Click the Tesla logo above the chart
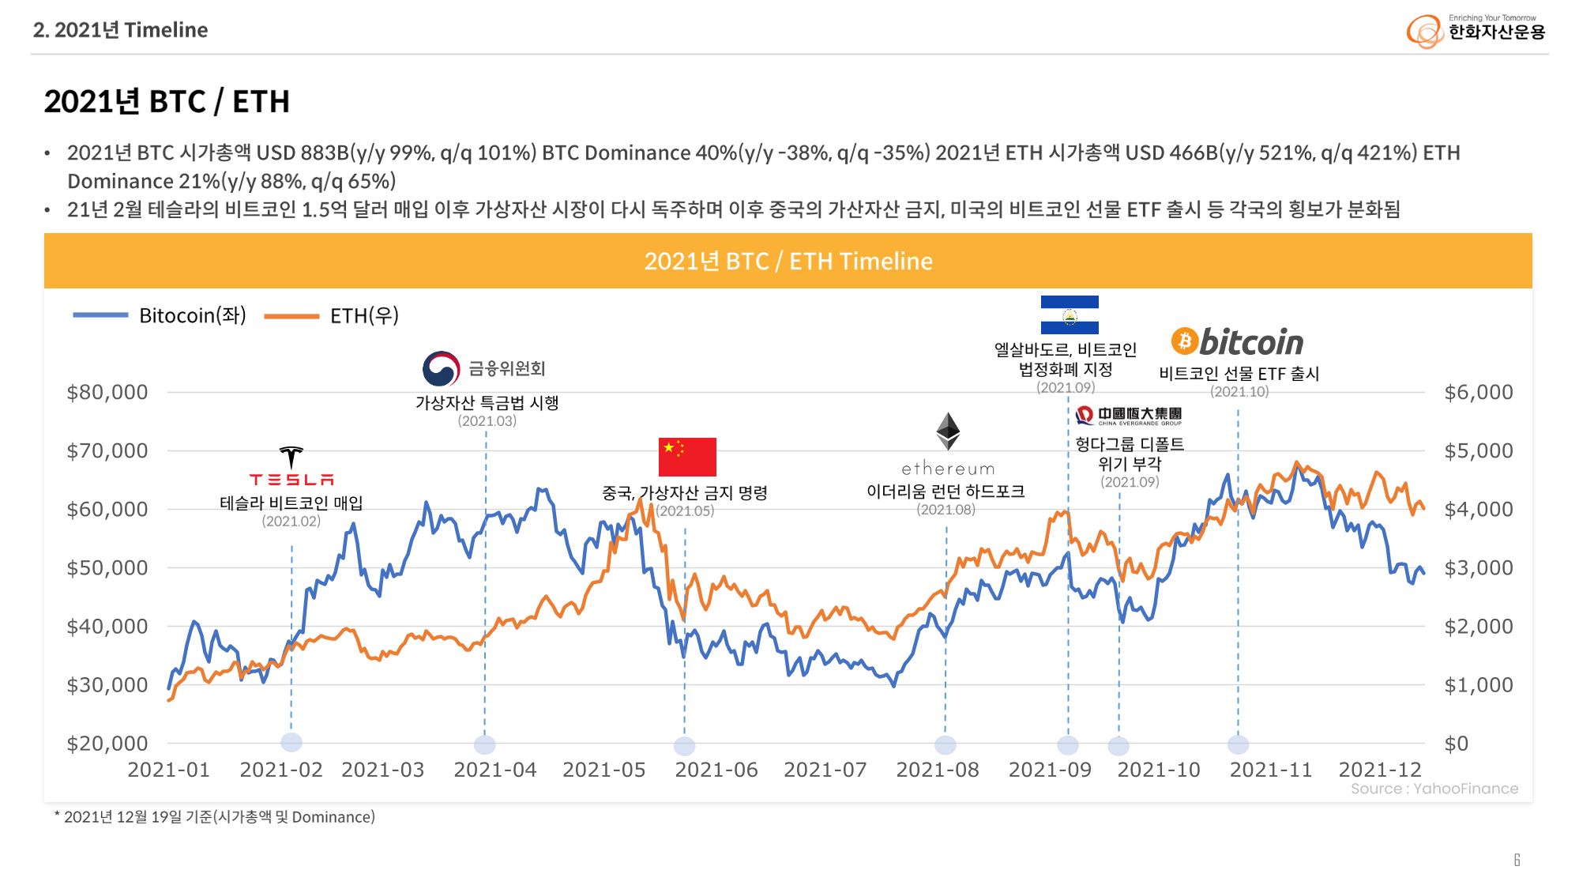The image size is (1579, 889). [x=291, y=466]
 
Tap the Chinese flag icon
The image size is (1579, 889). [x=687, y=457]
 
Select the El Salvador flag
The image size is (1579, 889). [x=1070, y=315]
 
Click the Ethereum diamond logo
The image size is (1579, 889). [x=948, y=431]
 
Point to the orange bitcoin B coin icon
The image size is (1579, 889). [x=1184, y=341]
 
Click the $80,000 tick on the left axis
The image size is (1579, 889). [x=107, y=392]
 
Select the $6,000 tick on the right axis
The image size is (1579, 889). [x=1479, y=392]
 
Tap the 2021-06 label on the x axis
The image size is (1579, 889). [x=716, y=770]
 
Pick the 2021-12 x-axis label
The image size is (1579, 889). [x=1379, y=770]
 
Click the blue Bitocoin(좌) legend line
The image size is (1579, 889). [x=100, y=315]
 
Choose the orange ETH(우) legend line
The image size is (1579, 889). [x=291, y=316]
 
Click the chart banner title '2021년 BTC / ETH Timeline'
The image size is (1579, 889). [x=788, y=261]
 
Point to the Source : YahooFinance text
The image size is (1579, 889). [x=1434, y=789]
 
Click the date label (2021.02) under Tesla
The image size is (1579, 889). [x=291, y=521]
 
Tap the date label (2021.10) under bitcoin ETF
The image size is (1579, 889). [x=1239, y=391]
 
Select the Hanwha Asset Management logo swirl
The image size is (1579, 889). [x=1425, y=32]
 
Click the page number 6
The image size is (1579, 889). [x=1517, y=860]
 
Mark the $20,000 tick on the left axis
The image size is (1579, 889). [x=107, y=743]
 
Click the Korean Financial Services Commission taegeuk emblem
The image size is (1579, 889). [x=441, y=369]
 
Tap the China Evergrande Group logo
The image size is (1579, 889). [x=1129, y=416]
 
